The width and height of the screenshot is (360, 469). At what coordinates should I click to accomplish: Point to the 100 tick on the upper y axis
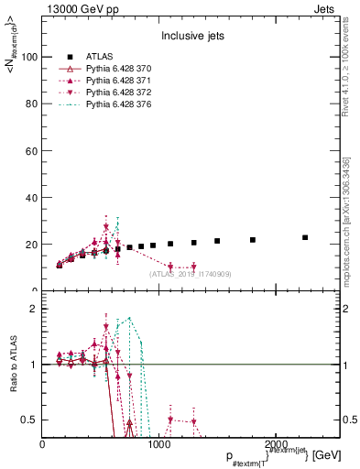(29, 57)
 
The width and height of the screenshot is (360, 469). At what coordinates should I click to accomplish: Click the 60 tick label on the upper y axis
(32, 151)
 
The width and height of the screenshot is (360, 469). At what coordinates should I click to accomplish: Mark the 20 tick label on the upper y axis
(32, 245)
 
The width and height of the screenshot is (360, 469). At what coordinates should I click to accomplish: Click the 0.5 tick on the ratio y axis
(30, 420)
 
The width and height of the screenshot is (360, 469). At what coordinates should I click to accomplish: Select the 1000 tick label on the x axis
(159, 444)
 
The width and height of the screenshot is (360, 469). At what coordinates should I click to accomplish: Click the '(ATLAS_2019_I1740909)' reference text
(191, 274)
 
